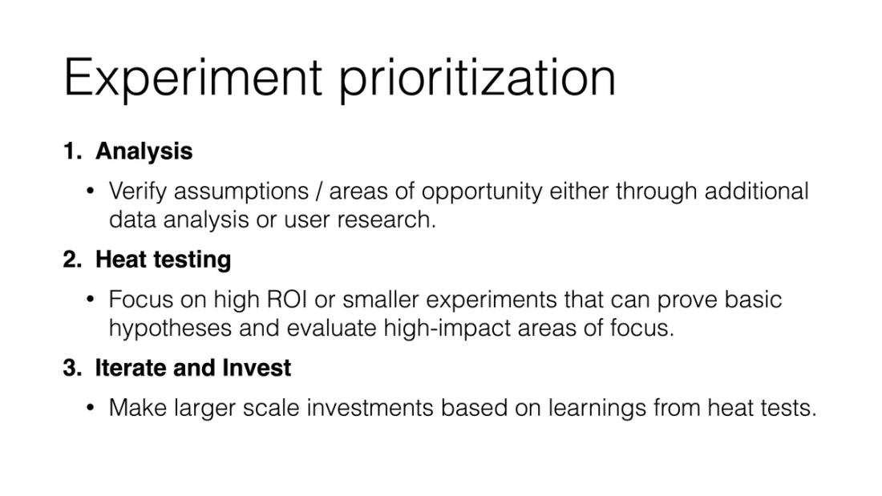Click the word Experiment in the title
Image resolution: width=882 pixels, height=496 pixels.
(x=193, y=78)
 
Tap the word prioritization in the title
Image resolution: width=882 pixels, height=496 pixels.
(x=478, y=78)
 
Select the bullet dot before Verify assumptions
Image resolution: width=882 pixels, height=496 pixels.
(x=91, y=192)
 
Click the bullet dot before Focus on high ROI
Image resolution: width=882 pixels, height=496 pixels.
(x=91, y=299)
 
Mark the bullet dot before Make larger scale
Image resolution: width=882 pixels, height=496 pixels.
(x=91, y=407)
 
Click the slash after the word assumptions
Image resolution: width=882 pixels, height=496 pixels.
(x=319, y=192)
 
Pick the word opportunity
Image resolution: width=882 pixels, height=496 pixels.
(x=482, y=192)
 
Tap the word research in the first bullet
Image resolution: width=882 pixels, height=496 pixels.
(x=386, y=220)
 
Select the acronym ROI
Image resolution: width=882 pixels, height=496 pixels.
(x=287, y=299)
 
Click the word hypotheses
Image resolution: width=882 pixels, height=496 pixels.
(x=170, y=329)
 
